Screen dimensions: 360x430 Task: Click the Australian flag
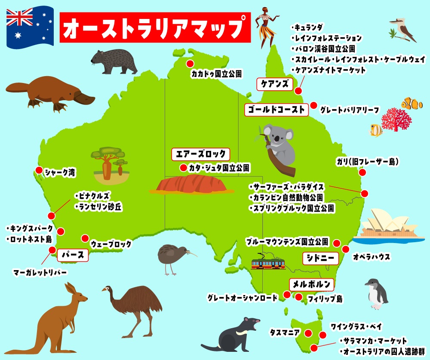tap(29, 26)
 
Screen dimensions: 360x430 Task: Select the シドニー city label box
tap(320, 258)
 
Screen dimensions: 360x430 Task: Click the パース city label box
tap(73, 255)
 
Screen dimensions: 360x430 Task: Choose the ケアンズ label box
tap(274, 84)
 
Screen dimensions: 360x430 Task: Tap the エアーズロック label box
tap(201, 154)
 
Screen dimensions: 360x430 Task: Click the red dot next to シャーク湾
tap(39, 170)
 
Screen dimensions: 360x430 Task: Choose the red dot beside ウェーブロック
tap(85, 238)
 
